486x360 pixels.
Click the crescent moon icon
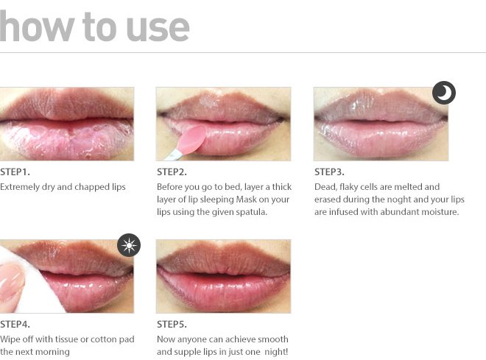click(x=444, y=93)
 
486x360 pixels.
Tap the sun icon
click(x=129, y=245)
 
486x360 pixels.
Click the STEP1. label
click(x=15, y=172)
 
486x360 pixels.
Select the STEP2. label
click(x=172, y=172)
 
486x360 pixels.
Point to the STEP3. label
click(x=329, y=172)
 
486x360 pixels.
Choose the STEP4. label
click(x=15, y=325)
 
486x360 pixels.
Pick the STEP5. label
click(x=172, y=325)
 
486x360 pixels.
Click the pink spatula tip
click(x=194, y=138)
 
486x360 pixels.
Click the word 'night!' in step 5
click(x=276, y=352)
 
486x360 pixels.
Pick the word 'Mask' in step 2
click(x=246, y=200)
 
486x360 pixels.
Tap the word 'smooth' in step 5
click(x=273, y=339)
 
